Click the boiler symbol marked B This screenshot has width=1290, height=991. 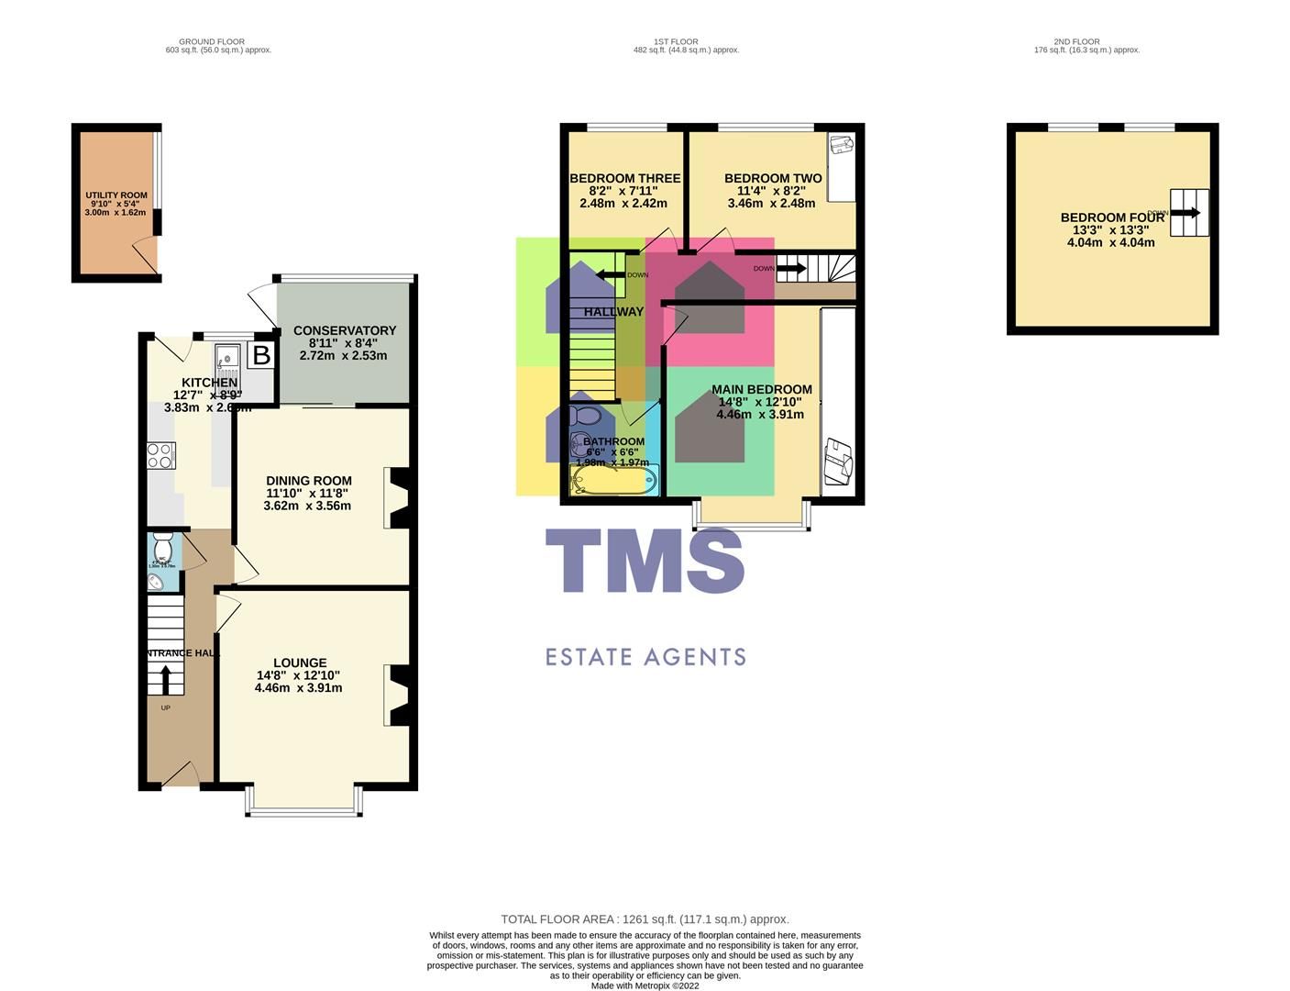pyautogui.click(x=261, y=355)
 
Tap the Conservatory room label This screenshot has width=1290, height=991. pyautogui.click(x=344, y=330)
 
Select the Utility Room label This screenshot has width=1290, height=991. pyautogui.click(x=116, y=195)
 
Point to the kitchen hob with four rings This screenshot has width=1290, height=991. pyautogui.click(x=160, y=455)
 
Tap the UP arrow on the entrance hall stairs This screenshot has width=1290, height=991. pyautogui.click(x=165, y=680)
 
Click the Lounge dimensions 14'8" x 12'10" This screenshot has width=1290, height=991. pyautogui.click(x=300, y=675)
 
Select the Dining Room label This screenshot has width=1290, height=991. pyautogui.click(x=308, y=481)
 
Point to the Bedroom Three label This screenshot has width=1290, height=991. pyautogui.click(x=624, y=178)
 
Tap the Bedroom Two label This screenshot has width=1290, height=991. pyautogui.click(x=772, y=178)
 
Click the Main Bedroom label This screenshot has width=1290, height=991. pyautogui.click(x=761, y=389)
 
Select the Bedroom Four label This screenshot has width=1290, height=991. pyautogui.click(x=1111, y=217)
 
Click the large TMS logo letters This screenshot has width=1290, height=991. pyautogui.click(x=645, y=561)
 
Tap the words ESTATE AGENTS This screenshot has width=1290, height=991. pyautogui.click(x=645, y=657)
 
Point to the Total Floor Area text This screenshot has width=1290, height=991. pyautogui.click(x=645, y=919)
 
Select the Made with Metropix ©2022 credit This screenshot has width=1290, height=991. pyautogui.click(x=645, y=985)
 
